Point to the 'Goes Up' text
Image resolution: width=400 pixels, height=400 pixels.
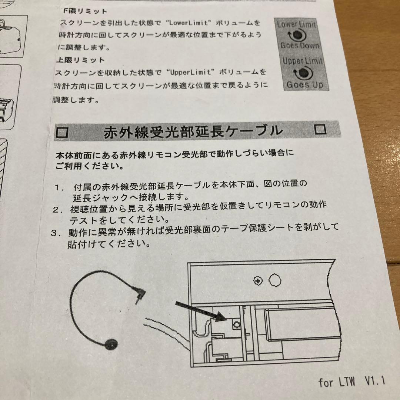click(x=304, y=84)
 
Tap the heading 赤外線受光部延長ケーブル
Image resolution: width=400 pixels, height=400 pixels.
click(x=193, y=131)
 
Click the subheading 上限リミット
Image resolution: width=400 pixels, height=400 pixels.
click(x=80, y=60)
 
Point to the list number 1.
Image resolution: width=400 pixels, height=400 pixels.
click(x=58, y=187)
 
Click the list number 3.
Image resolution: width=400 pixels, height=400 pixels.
click(x=55, y=234)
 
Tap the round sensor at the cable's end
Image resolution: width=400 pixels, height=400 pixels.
click(x=111, y=345)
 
